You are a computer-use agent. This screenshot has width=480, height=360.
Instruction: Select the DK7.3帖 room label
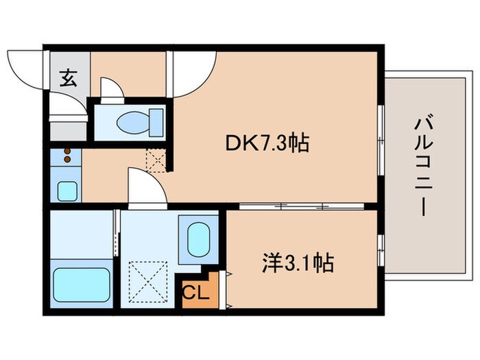(x=265, y=143)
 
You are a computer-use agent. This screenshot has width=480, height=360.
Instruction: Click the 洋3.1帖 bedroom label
(x=299, y=262)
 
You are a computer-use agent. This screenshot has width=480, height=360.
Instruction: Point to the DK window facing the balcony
(x=381, y=130)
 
